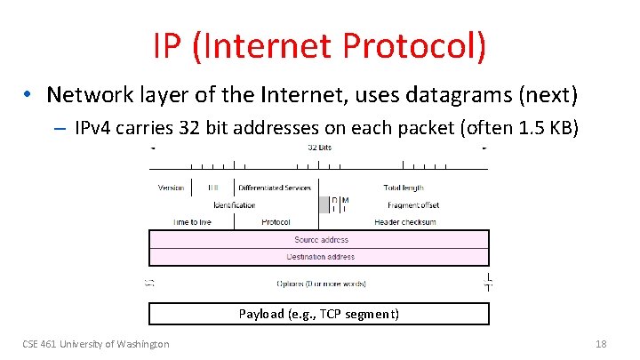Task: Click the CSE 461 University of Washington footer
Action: (95, 344)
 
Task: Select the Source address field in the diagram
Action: (320, 239)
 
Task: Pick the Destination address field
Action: (320, 257)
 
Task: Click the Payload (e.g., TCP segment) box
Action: (319, 314)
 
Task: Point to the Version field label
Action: (171, 188)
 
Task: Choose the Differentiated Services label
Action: (274, 188)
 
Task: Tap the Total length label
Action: (404, 188)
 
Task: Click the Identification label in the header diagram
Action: (234, 205)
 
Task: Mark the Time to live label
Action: (192, 222)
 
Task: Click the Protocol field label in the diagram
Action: (276, 222)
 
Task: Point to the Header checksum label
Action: (404, 222)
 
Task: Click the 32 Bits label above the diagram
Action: (320, 148)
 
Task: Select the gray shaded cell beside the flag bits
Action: (324, 204)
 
